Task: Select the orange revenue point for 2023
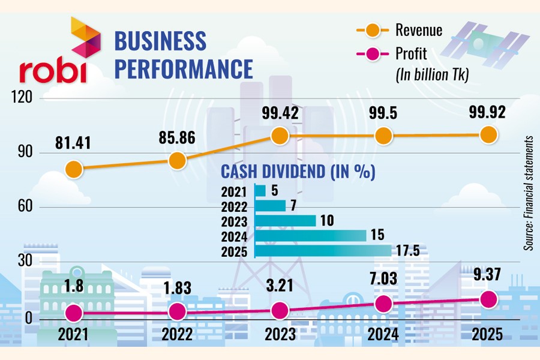pyautogui.click(x=280, y=136)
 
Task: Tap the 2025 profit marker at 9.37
pyautogui.click(x=488, y=299)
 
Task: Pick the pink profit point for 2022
pyautogui.click(x=177, y=311)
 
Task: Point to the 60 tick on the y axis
pyautogui.click(x=24, y=208)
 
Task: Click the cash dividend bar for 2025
pyautogui.click(x=323, y=251)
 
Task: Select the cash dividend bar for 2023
pyautogui.click(x=285, y=221)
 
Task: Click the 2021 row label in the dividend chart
pyautogui.click(x=234, y=191)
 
